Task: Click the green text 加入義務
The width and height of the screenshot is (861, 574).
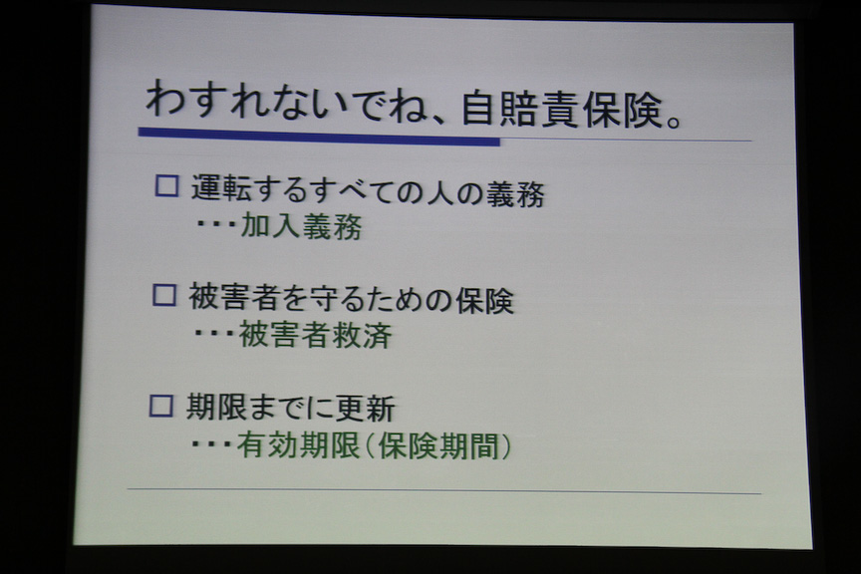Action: click(301, 227)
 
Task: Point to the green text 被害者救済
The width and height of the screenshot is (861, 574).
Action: click(315, 336)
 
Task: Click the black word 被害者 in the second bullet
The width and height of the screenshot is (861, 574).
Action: click(236, 297)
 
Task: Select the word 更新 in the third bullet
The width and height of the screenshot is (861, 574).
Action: click(377, 408)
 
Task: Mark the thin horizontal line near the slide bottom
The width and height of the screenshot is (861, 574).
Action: click(443, 491)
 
